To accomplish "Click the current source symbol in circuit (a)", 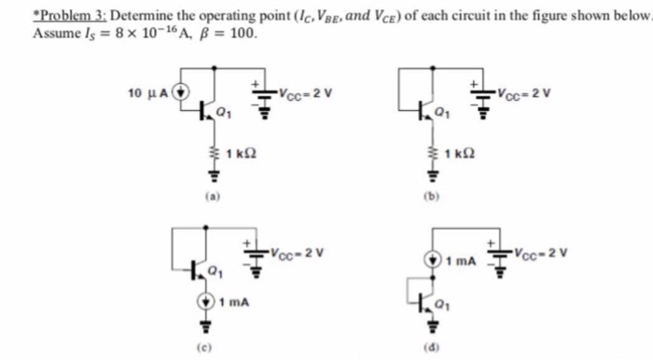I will point(182,92).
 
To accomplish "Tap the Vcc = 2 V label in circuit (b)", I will point(524,92).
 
